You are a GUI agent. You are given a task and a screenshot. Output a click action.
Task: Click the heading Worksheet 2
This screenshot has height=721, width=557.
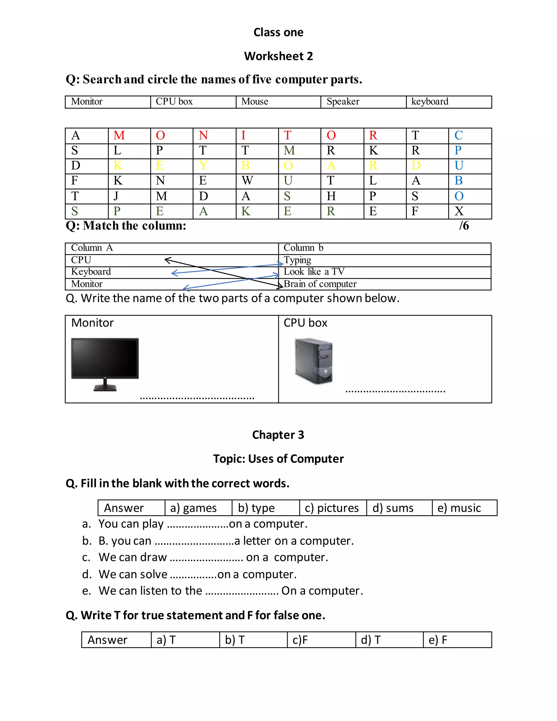point(278,56)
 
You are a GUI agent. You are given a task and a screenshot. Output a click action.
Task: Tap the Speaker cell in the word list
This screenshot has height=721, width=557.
point(343,101)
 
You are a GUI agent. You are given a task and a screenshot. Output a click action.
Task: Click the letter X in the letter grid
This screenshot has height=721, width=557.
point(459,211)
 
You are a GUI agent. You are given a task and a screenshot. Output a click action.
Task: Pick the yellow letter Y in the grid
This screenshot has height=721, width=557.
point(203,165)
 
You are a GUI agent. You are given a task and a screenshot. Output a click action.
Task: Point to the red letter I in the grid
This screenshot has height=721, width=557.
point(243,135)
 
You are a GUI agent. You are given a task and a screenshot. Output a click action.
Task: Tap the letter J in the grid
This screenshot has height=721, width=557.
point(116,196)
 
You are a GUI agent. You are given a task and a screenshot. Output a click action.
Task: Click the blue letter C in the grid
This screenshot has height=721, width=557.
point(458,135)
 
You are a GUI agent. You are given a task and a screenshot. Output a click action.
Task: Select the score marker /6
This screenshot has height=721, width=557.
point(464,226)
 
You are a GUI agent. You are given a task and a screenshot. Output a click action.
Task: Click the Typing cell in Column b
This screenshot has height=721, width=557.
point(297,260)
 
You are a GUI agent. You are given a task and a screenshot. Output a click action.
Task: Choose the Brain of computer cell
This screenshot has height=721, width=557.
point(320,284)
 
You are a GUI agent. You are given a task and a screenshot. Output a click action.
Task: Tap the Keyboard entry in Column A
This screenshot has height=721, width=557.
point(91,272)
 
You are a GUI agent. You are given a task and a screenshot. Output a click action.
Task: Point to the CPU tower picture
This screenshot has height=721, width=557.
point(314,361)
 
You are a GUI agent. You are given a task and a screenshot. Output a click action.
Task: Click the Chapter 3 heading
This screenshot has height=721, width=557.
point(278,435)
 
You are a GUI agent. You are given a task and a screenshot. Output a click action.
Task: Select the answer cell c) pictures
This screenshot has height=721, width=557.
point(332,508)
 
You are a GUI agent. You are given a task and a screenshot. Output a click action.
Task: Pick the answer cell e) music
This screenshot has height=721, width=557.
point(459,508)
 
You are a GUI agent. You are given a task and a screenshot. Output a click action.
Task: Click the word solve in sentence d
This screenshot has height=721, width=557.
point(153,574)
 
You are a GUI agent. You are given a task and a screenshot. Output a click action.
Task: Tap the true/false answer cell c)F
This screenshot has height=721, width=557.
point(300,640)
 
